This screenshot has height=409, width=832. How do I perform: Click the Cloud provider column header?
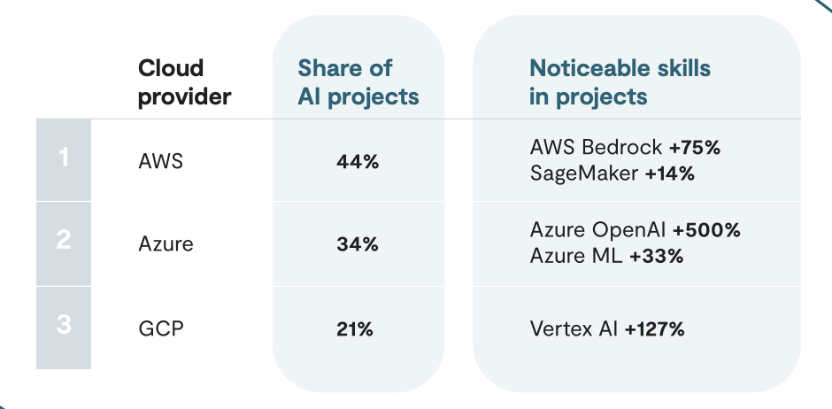pyautogui.click(x=185, y=82)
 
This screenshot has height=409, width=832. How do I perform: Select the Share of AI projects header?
pyautogui.click(x=358, y=82)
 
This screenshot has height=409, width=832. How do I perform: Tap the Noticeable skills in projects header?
pyautogui.click(x=620, y=82)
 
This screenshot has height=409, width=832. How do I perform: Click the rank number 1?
pyautogui.click(x=63, y=157)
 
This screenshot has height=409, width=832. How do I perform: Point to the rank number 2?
pyautogui.click(x=63, y=240)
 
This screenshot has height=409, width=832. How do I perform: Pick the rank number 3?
pyautogui.click(x=63, y=324)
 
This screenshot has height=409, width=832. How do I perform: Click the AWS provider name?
pyautogui.click(x=160, y=161)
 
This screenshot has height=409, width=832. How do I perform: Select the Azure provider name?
pyautogui.click(x=166, y=244)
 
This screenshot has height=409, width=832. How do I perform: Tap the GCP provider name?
pyautogui.click(x=161, y=329)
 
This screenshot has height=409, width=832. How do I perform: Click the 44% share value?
pyautogui.click(x=358, y=162)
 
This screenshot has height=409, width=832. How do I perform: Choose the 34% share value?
pyautogui.click(x=358, y=244)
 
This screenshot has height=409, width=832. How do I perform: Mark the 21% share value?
pyautogui.click(x=355, y=329)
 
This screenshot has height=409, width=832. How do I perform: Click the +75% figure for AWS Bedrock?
pyautogui.click(x=695, y=148)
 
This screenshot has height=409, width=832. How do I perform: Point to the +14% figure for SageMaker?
pyautogui.click(x=670, y=174)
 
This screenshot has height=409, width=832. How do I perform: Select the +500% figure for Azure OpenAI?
pyautogui.click(x=706, y=230)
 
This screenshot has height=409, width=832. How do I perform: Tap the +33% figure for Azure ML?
pyautogui.click(x=657, y=256)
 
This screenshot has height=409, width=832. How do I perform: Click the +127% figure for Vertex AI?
pyautogui.click(x=655, y=329)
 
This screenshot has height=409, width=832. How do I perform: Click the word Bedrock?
pyautogui.click(x=622, y=148)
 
